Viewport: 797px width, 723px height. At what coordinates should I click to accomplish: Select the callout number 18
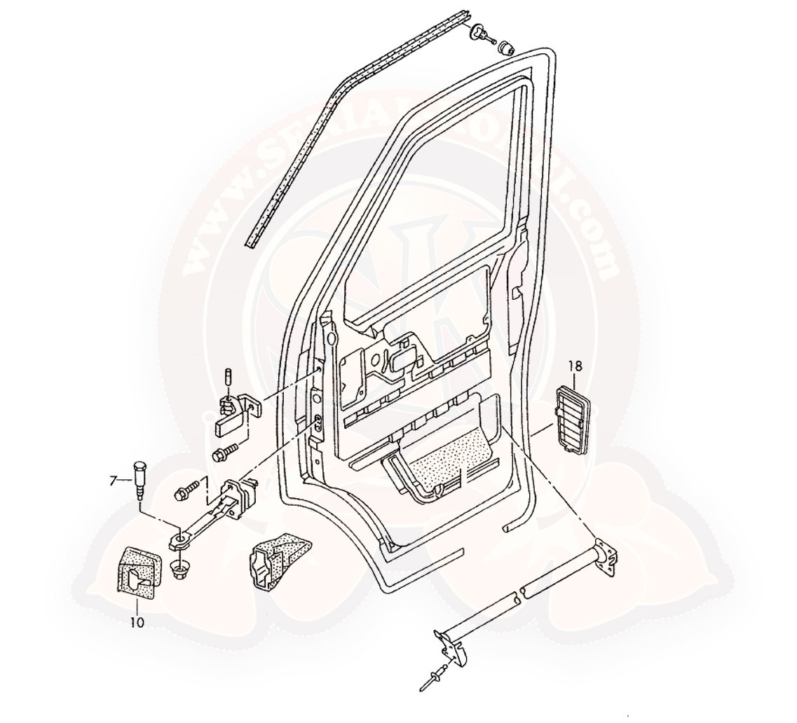tap(575, 365)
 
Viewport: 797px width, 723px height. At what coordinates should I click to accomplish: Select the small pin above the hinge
tap(229, 376)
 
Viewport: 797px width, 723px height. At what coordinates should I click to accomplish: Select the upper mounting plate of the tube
tap(604, 557)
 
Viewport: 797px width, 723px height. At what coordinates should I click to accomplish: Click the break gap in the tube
tap(518, 597)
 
